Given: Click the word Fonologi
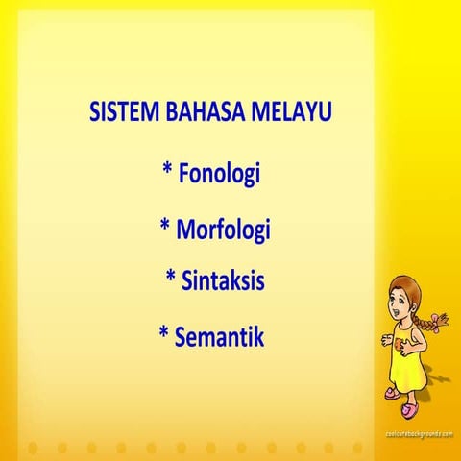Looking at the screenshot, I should point(221,175).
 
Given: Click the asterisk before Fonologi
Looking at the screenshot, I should point(168,173).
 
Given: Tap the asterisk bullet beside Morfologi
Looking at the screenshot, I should point(165,228).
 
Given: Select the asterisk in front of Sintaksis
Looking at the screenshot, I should point(171,279).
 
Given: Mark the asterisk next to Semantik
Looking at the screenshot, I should point(164,334).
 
